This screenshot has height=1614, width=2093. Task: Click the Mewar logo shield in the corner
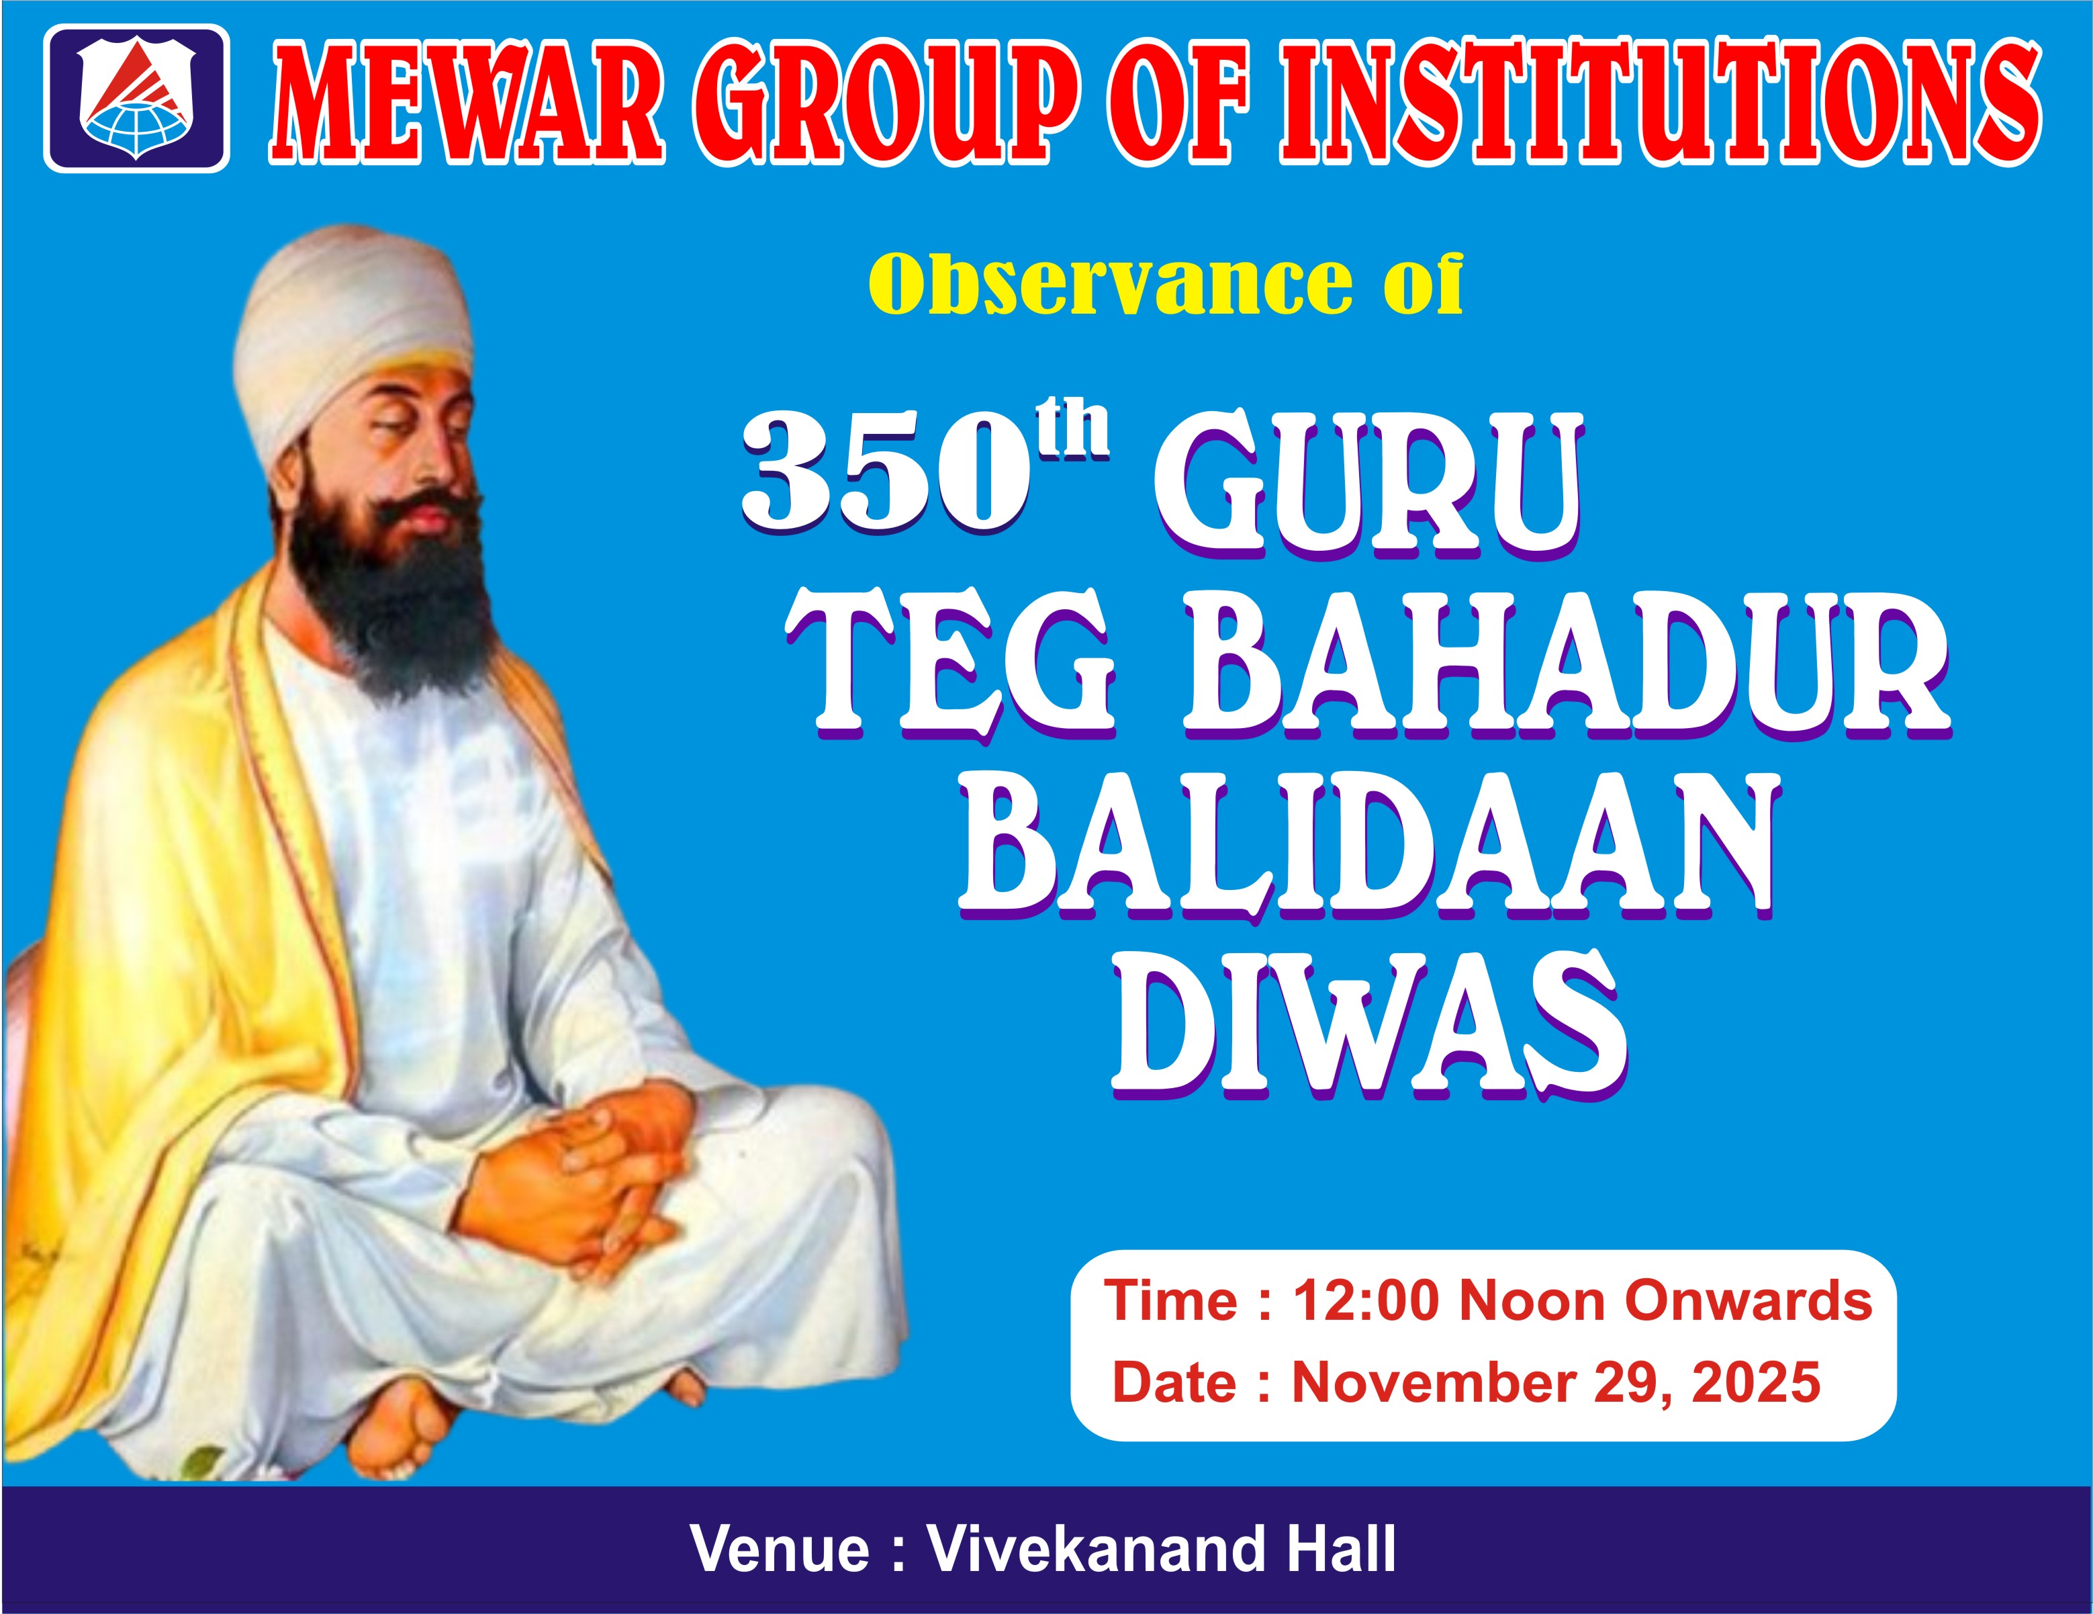point(137,98)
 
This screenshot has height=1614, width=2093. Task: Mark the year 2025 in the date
point(1756,1383)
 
